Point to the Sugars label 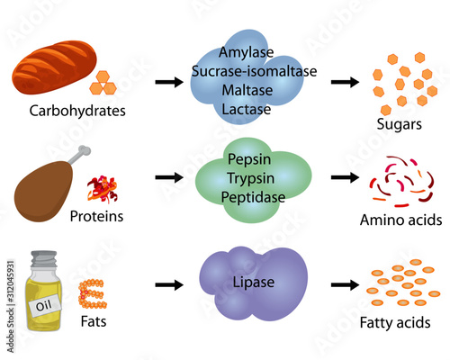click(400, 124)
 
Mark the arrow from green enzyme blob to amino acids click(345, 180)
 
